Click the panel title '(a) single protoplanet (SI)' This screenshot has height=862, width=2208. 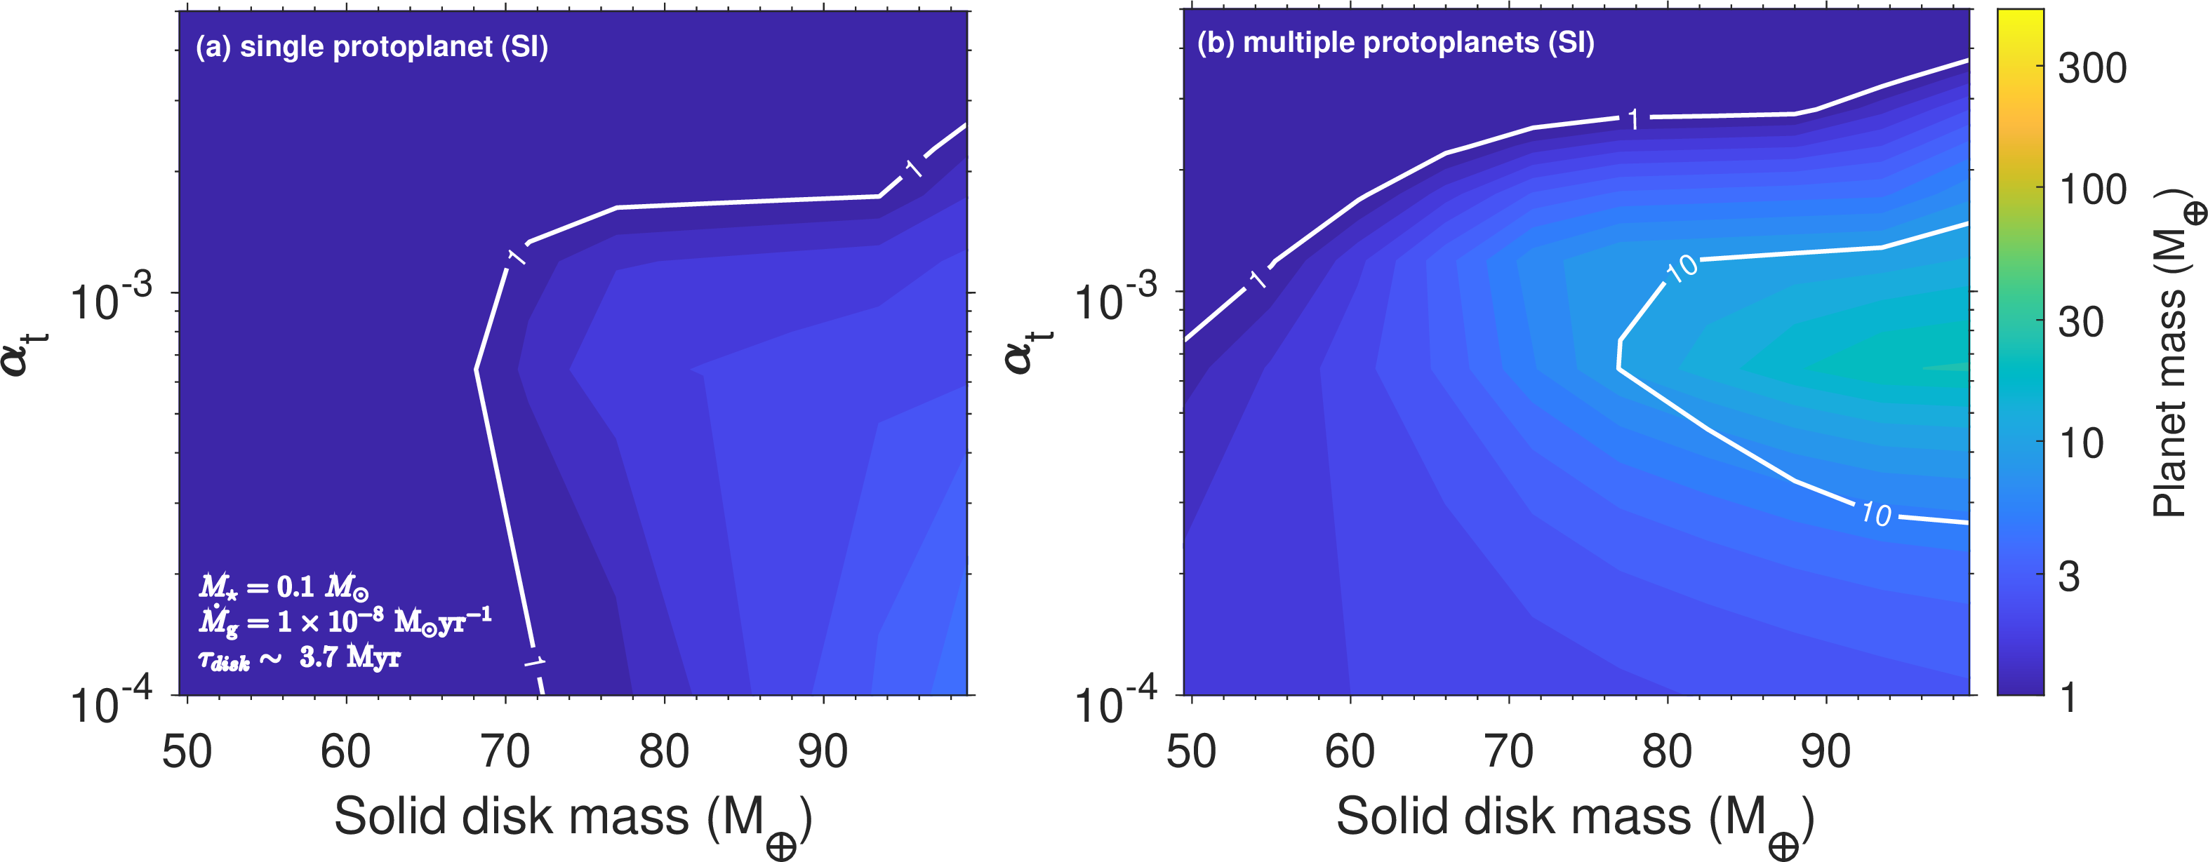(x=371, y=46)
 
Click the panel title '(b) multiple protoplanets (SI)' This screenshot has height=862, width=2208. (x=1395, y=43)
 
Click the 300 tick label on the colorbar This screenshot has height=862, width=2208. (x=2092, y=68)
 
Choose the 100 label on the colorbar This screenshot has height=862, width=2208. (x=2092, y=189)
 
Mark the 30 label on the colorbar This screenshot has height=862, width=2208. (x=2081, y=322)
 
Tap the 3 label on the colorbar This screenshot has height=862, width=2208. (x=2069, y=577)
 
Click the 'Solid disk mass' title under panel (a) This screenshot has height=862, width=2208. (x=573, y=819)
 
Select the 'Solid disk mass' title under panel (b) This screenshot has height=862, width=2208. (x=1574, y=819)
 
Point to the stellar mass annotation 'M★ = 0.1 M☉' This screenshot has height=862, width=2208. (x=284, y=587)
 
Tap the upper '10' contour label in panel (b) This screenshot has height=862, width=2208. (x=1681, y=268)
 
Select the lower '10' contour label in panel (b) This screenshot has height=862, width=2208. (x=1875, y=513)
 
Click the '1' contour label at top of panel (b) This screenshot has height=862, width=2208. (x=1634, y=119)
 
